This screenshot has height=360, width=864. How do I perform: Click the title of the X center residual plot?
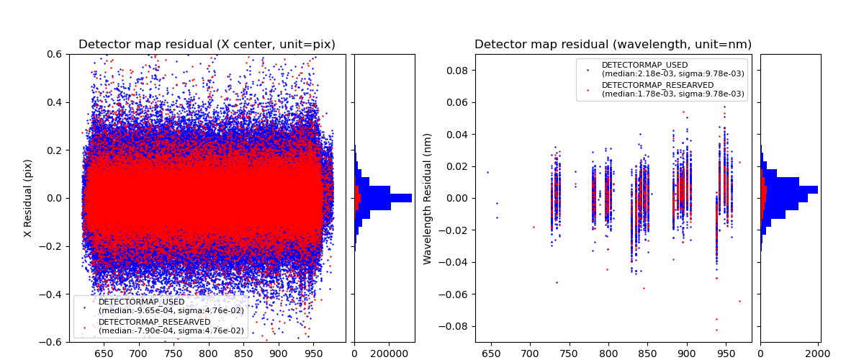pos(207,45)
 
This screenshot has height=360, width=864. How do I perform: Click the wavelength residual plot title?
pos(613,45)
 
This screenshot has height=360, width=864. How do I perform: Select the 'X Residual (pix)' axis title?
pos(28,198)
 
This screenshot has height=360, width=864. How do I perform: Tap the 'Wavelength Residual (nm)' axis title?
pos(428,198)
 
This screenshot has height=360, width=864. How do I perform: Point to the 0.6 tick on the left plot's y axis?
pos(54,54)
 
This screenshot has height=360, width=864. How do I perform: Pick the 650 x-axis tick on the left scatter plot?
pos(103,354)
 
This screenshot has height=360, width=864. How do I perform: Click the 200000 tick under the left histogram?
pos(390,354)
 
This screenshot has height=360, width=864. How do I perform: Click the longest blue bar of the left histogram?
pos(382,198)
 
